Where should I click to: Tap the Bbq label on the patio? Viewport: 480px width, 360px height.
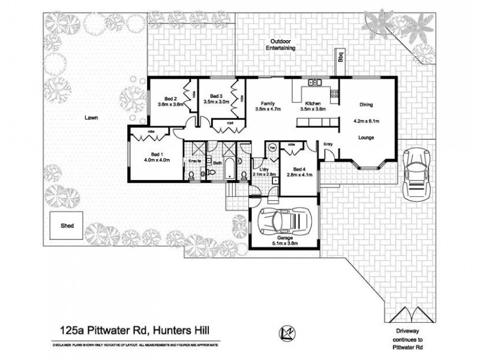pyautogui.click(x=340, y=58)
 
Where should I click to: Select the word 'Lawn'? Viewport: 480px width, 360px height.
pyautogui.click(x=91, y=119)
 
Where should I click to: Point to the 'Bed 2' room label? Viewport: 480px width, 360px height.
pyautogui.click(x=171, y=98)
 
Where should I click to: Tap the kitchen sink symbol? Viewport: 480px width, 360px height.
pyautogui.click(x=314, y=82)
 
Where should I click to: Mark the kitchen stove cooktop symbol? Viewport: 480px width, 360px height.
pyautogui.click(x=334, y=93)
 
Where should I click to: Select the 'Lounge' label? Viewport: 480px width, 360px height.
pyautogui.click(x=366, y=138)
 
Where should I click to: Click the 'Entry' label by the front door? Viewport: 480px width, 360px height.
pyautogui.click(x=328, y=144)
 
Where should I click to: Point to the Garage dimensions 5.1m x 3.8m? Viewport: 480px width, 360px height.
pyautogui.click(x=285, y=244)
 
